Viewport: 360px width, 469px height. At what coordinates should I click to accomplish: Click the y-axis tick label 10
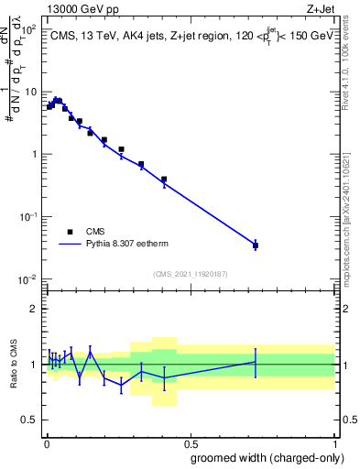pos(29,93)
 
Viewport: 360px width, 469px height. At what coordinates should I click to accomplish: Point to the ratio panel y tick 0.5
pos(28,420)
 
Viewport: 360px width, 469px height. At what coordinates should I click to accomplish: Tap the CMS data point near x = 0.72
pos(256,245)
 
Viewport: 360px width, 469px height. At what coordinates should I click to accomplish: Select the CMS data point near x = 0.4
pos(164,180)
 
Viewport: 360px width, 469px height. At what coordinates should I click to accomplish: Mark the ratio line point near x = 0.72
pos(256,363)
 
